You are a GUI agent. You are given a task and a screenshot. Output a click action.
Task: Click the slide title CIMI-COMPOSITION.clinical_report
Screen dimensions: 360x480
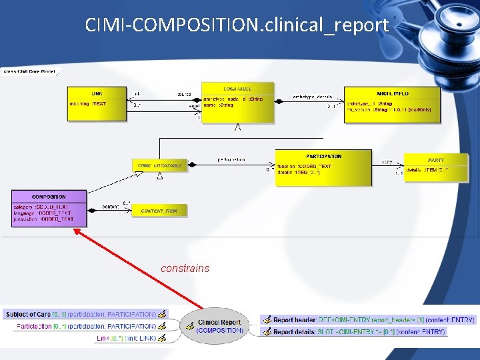click(x=237, y=25)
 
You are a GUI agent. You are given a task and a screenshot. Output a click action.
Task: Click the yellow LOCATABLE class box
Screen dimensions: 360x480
click(x=237, y=103)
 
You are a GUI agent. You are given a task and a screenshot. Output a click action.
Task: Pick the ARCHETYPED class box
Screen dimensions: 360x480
click(x=392, y=105)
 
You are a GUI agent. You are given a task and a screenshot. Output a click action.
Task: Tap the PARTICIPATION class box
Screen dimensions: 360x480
click(x=323, y=167)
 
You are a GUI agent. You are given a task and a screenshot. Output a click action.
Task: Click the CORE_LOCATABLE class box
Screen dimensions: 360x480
click(x=159, y=165)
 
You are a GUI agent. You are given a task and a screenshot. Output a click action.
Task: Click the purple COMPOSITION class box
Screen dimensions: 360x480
click(x=49, y=208)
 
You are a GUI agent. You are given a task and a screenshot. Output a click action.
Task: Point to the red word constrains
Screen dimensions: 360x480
click(x=185, y=269)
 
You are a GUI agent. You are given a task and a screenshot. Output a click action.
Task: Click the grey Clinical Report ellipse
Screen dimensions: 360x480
click(x=219, y=326)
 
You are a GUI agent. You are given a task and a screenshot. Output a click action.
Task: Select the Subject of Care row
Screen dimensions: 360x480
click(x=80, y=314)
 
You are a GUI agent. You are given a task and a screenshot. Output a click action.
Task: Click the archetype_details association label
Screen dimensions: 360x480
click(x=312, y=96)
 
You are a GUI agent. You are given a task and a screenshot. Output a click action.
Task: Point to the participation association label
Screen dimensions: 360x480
click(x=231, y=159)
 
